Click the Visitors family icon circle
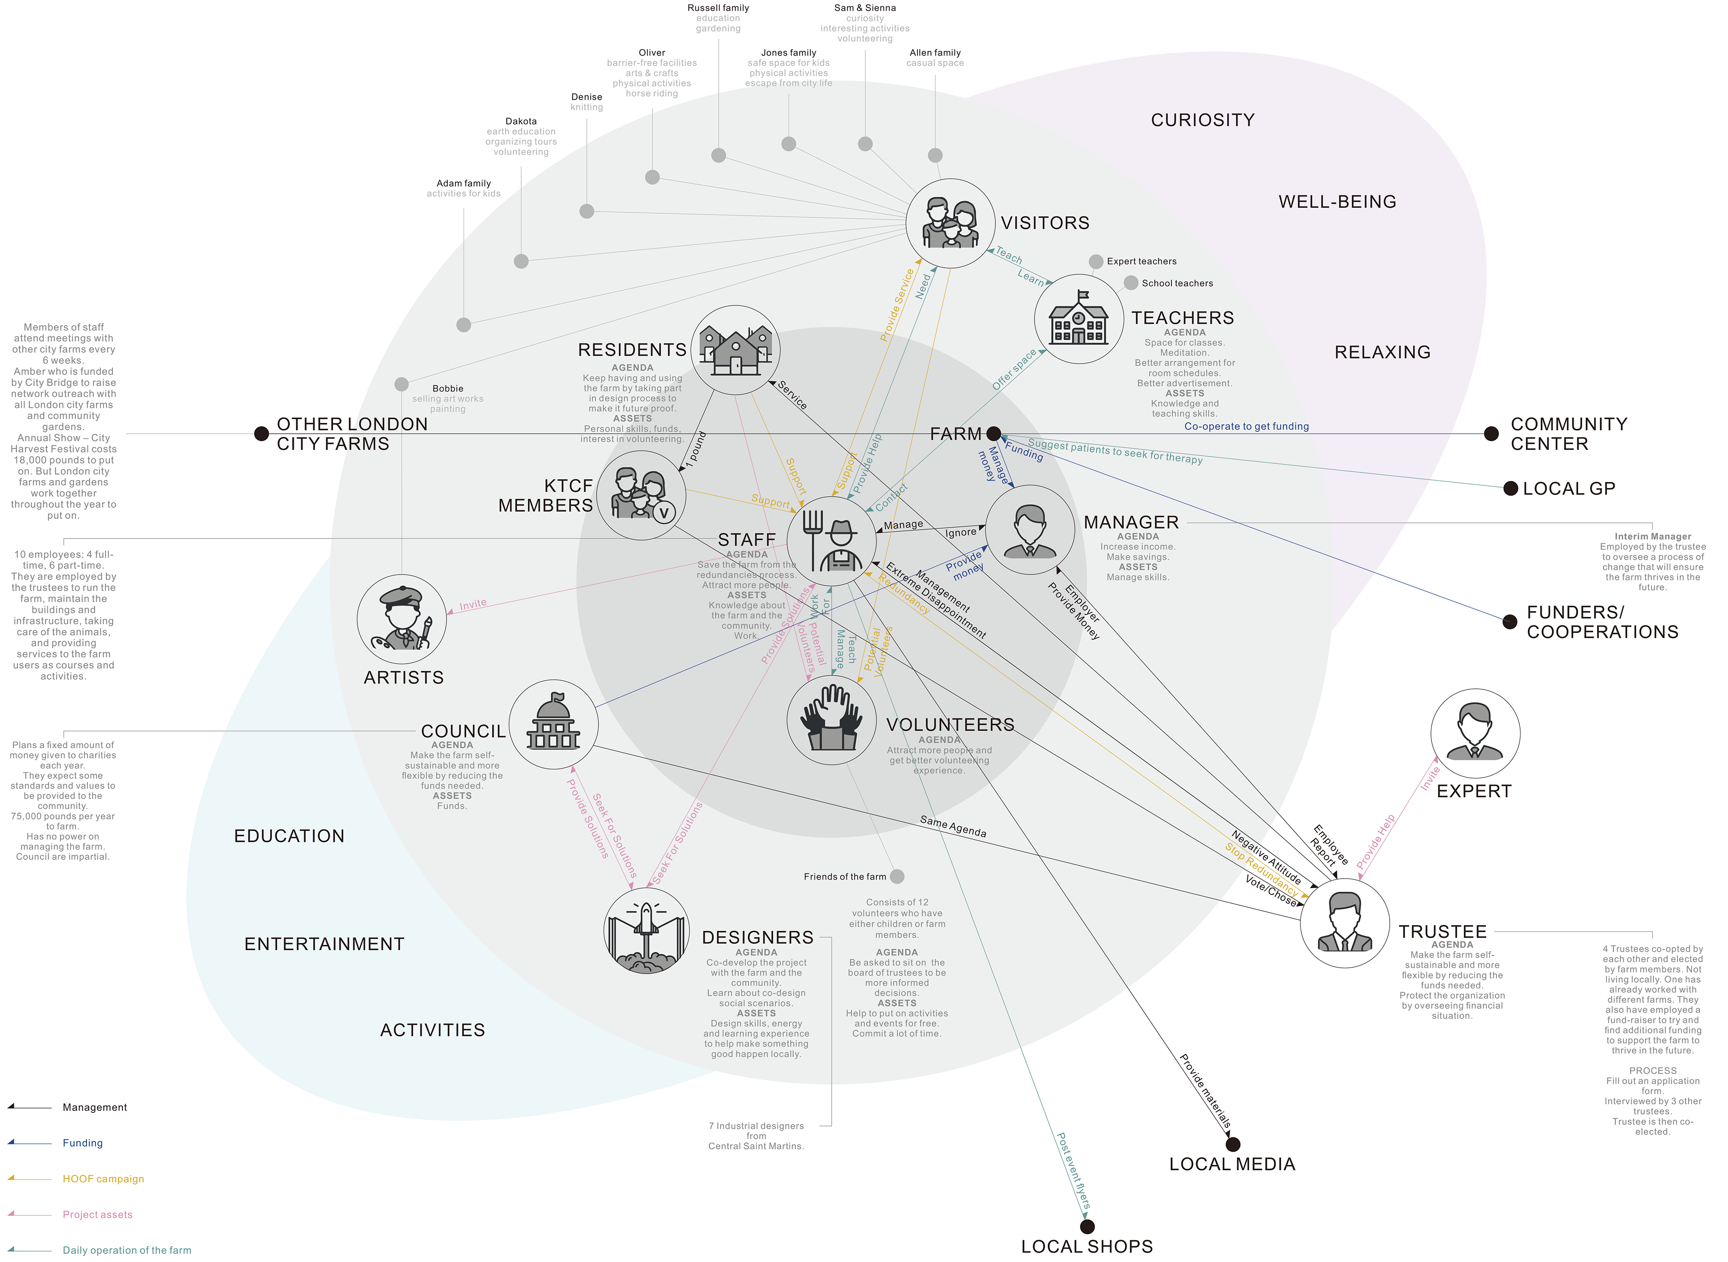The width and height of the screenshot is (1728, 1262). (949, 223)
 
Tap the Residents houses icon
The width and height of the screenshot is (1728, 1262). (735, 350)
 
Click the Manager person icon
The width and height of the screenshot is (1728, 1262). (1030, 530)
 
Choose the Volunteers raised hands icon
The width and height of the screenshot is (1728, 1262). (831, 720)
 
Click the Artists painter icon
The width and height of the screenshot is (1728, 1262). (402, 619)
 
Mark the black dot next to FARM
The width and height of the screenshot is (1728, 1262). (993, 434)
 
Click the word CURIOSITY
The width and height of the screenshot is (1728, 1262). (1202, 120)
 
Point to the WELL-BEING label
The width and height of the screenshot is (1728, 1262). (1337, 202)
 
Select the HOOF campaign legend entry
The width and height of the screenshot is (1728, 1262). (103, 1179)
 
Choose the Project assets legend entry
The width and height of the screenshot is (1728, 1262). (97, 1215)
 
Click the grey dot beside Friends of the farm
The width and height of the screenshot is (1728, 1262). (897, 876)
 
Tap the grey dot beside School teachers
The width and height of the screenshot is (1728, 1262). (1130, 283)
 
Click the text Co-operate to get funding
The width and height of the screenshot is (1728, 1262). (1246, 426)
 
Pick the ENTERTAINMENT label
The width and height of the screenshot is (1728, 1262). (324, 944)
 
